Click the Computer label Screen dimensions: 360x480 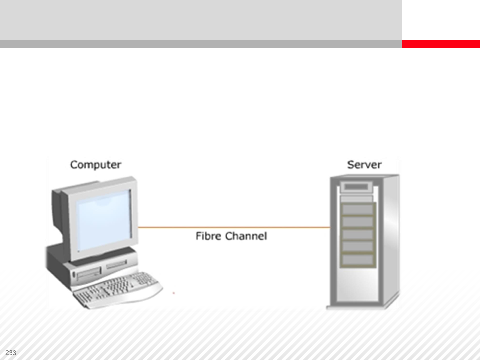[95, 165]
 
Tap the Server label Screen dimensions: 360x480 [364, 165]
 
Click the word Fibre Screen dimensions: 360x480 [208, 236]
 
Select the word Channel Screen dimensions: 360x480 [246, 236]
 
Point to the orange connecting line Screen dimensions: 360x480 [233, 228]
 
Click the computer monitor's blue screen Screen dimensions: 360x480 [103, 220]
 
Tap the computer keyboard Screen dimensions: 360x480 [117, 289]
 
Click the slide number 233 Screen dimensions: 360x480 [11, 353]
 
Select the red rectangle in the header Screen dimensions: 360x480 [441, 44]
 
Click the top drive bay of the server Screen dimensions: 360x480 [357, 209]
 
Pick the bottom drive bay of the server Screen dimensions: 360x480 [357, 260]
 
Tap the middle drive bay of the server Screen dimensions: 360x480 [357, 234]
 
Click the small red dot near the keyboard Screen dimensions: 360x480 [174, 293]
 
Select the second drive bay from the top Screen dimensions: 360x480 [357, 222]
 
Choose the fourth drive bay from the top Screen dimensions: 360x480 [357, 247]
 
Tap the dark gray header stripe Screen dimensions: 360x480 [200, 44]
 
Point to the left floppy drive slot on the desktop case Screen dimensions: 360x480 [89, 274]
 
